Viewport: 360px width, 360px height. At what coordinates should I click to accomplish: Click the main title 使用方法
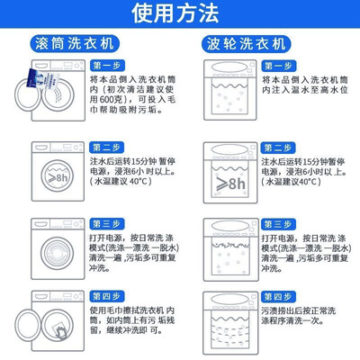tap(175, 13)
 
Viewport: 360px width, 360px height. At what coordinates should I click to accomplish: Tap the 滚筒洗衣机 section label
tap(75, 44)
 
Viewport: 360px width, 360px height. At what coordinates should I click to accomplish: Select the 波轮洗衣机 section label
tap(247, 44)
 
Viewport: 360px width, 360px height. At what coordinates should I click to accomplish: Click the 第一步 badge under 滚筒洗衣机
tap(106, 66)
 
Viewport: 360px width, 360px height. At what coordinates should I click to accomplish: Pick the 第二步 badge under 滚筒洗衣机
tap(106, 148)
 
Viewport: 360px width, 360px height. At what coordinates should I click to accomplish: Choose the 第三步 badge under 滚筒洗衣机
tap(106, 224)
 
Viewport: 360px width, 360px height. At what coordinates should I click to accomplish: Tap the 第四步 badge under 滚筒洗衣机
tap(106, 297)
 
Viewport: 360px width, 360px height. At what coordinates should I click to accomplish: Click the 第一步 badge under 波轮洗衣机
tap(278, 66)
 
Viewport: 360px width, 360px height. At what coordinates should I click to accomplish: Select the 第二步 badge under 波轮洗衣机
tap(278, 148)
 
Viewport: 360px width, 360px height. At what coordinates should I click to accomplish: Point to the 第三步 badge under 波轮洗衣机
tap(278, 224)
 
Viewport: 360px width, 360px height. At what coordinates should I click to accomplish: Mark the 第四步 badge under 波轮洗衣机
tap(278, 297)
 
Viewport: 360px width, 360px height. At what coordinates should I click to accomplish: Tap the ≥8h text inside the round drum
tap(58, 177)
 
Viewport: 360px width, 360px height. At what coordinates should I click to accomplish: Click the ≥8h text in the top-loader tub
tap(231, 184)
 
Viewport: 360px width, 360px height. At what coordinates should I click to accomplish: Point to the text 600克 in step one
tap(110, 100)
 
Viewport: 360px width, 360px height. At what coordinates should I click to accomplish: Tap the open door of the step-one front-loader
tap(27, 94)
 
